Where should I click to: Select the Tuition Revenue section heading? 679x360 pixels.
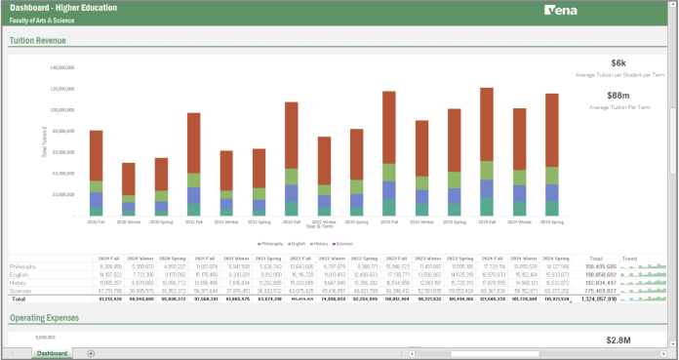(38, 41)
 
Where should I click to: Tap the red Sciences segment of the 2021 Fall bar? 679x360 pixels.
(194, 142)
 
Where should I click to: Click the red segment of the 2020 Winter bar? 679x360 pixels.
(129, 178)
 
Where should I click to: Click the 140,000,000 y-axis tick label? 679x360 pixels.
(62, 67)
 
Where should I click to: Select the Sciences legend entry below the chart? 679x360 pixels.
(342, 242)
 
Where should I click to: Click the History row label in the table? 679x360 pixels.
(20, 282)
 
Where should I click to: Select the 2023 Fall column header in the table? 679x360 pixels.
(397, 259)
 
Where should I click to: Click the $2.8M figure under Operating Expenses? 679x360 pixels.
(646, 340)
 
